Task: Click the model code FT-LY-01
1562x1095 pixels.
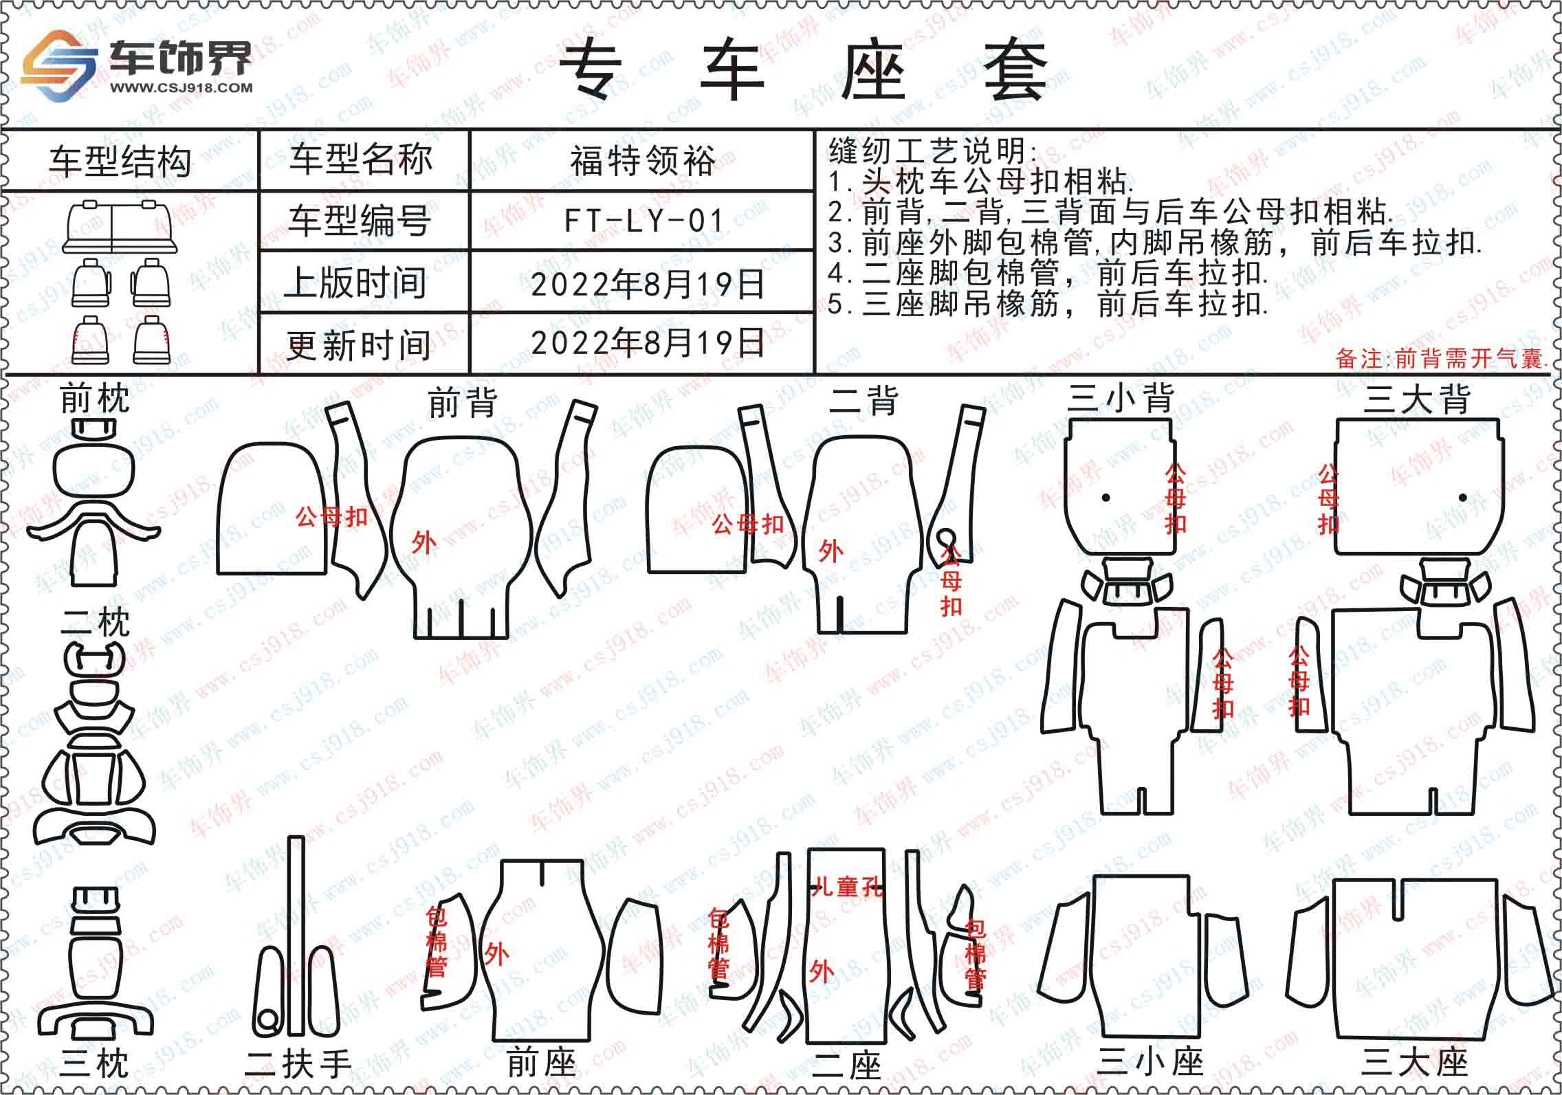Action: coord(644,221)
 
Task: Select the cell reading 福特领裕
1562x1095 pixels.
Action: coord(643,161)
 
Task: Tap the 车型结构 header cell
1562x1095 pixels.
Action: coord(120,162)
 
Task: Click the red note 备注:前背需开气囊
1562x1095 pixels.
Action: coord(1441,358)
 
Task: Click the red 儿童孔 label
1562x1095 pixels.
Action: coord(848,887)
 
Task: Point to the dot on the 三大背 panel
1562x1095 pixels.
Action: coord(1462,498)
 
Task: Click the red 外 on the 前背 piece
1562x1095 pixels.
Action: coord(423,543)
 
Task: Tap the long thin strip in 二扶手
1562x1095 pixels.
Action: coord(296,944)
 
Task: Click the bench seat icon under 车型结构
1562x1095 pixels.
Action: coord(120,226)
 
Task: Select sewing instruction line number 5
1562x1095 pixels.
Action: coord(1048,304)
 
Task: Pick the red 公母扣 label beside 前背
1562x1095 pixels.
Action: coord(332,517)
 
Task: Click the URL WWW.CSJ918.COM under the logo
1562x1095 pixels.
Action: coord(181,87)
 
